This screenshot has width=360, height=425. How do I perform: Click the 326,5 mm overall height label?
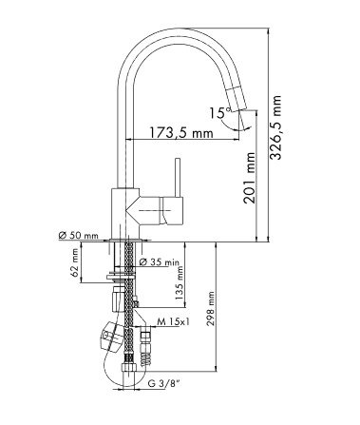point(275,127)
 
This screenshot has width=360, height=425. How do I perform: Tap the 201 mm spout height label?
point(249,178)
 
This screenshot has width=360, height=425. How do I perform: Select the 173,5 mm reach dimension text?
point(181,132)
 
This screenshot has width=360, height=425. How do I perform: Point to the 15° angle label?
point(220,112)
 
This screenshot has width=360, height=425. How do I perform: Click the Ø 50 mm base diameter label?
point(79,235)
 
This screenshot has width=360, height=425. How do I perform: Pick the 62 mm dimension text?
point(75,262)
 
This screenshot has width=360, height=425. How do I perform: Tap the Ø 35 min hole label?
point(160,261)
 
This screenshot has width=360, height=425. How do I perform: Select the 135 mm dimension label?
point(180,283)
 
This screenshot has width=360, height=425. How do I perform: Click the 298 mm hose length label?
point(210,309)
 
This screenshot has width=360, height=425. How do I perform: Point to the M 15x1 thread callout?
point(173,322)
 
